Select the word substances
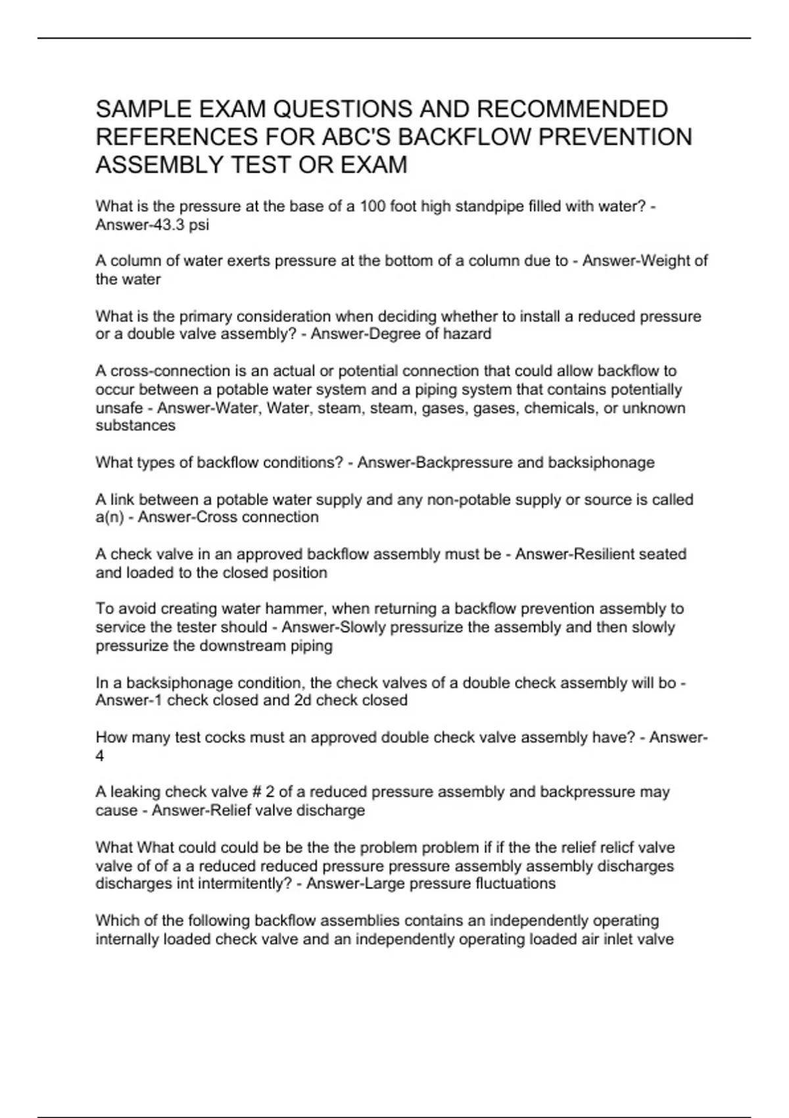click(x=135, y=425)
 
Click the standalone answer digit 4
click(x=100, y=756)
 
